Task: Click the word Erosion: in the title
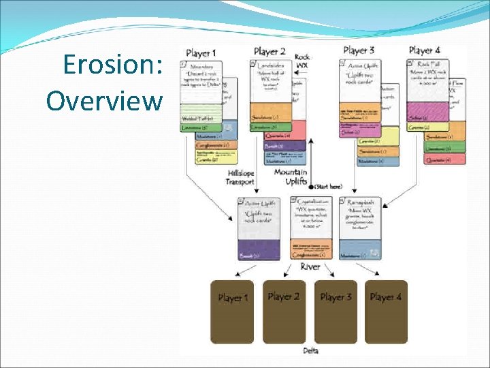pos(112,65)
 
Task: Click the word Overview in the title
pos(104,101)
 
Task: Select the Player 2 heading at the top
pos(269,51)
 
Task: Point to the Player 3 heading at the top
pos(359,50)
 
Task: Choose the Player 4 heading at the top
pos(424,50)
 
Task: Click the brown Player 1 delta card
pos(232,311)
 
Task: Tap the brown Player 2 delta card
pos(284,311)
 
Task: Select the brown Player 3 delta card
pos(335,311)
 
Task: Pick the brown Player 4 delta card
pos(386,311)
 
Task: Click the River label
pos(310,266)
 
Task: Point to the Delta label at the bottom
pos(310,351)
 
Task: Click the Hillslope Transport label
pos(241,179)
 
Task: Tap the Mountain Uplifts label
pos(290,177)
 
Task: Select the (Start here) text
pos(328,187)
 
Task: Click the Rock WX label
pos(302,61)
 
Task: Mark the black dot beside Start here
pos(311,187)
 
